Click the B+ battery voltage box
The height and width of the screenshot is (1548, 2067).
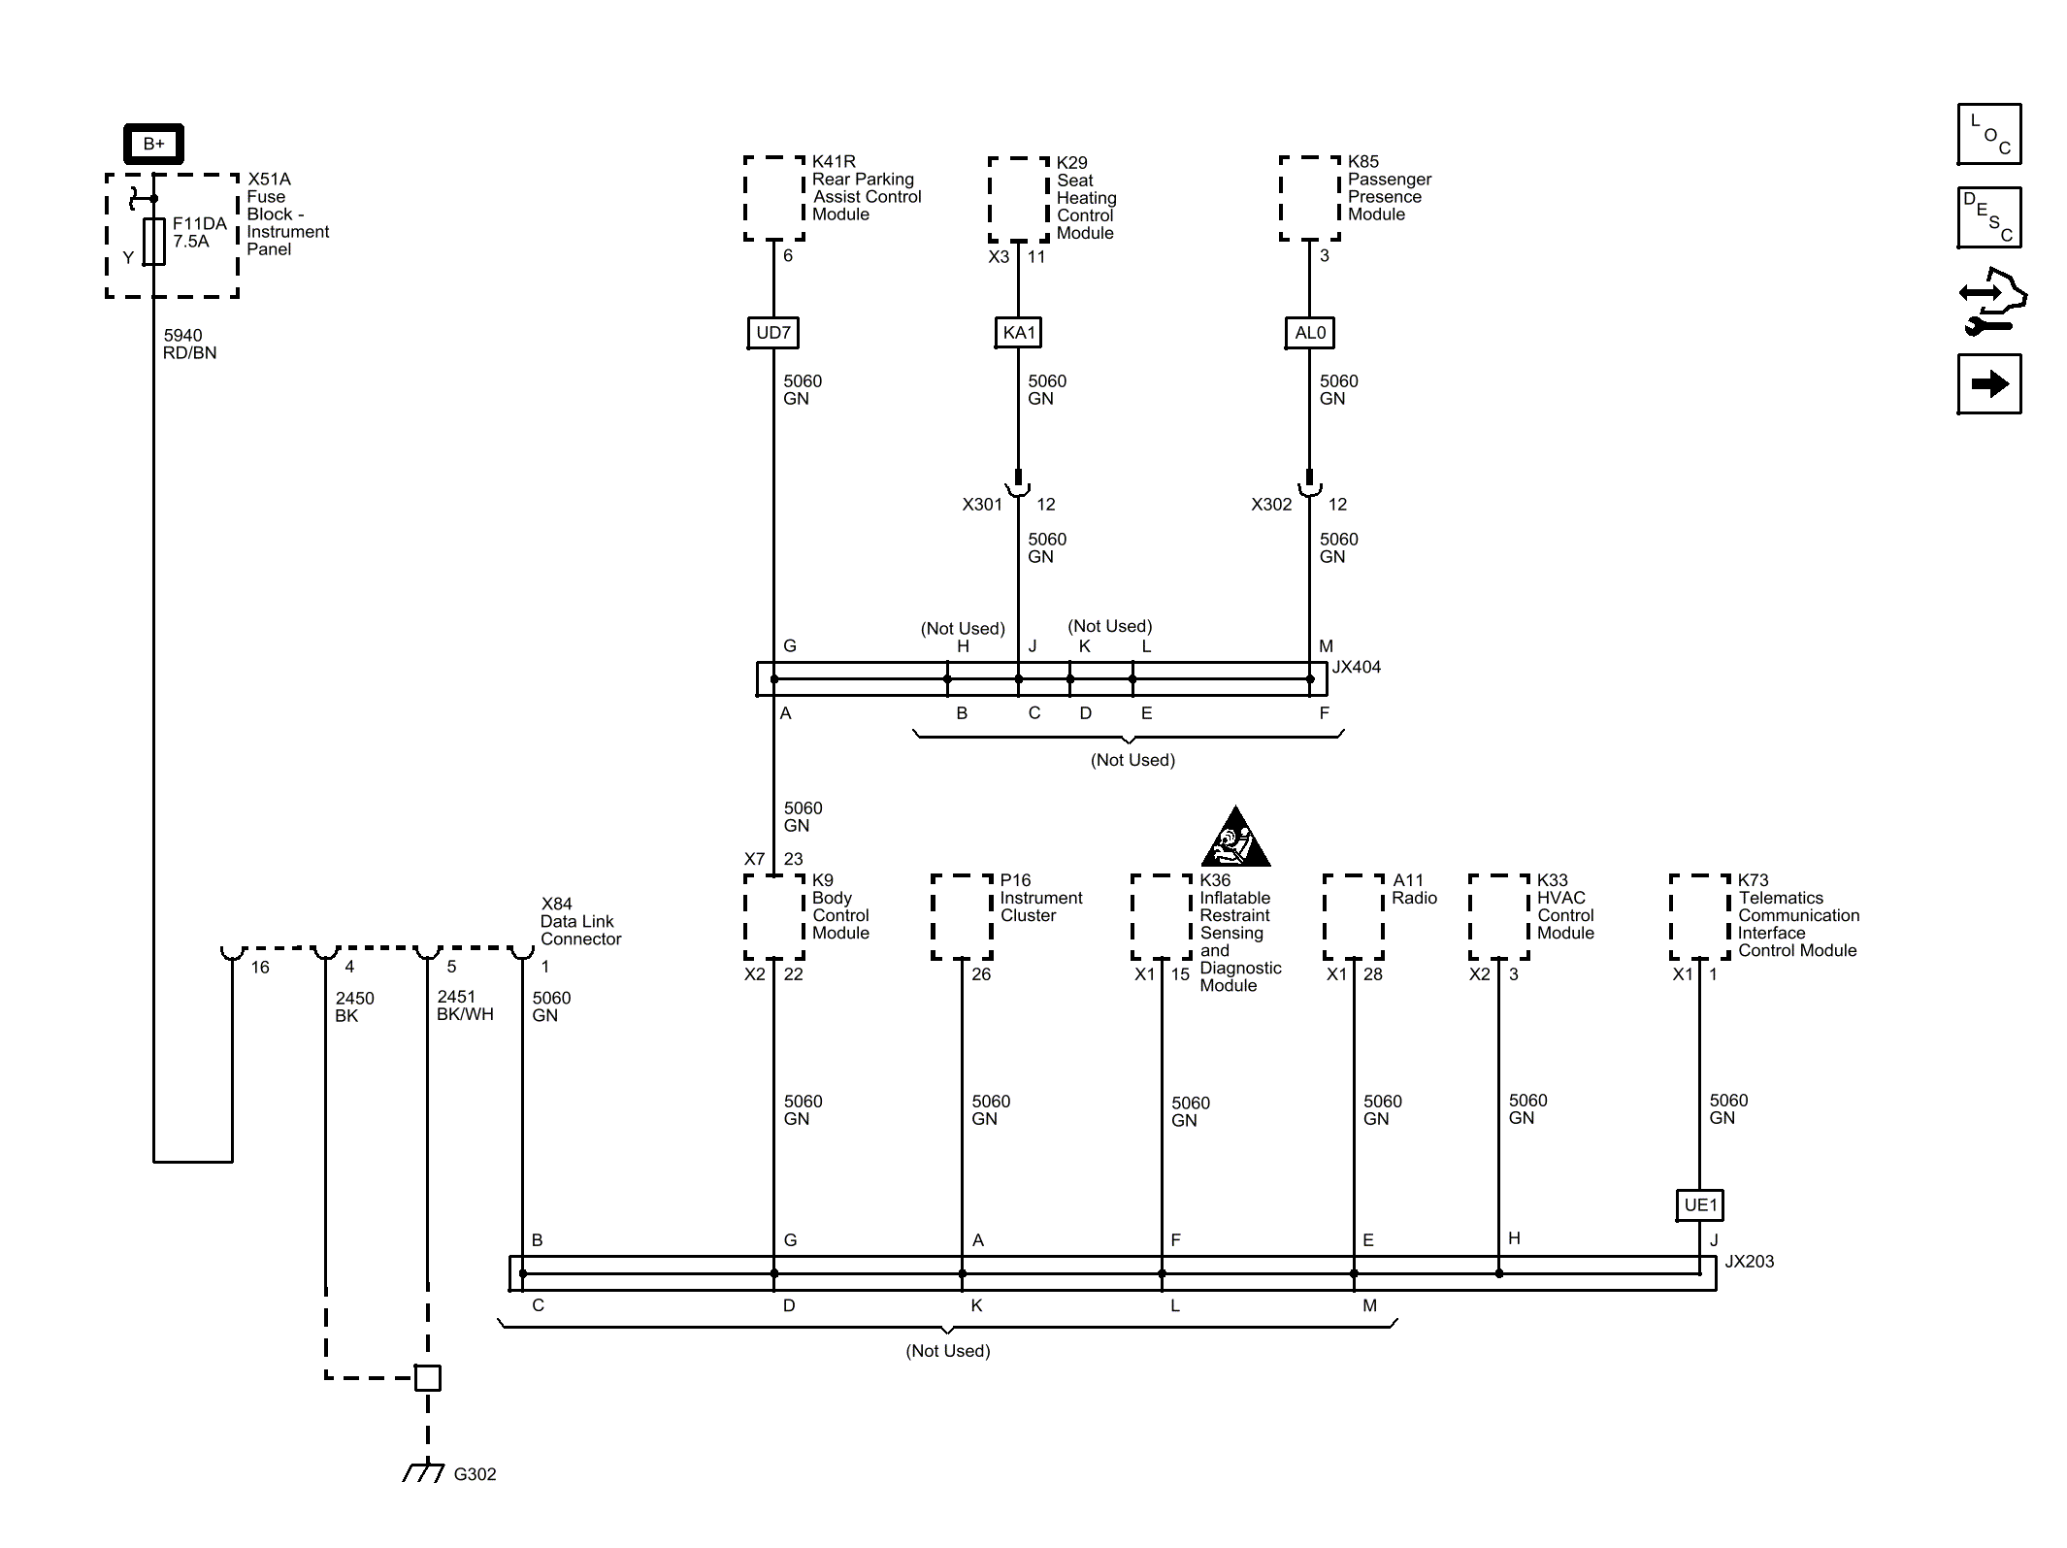point(153,144)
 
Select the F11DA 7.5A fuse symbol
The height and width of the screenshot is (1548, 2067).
point(153,242)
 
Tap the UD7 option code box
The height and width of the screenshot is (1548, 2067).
point(773,333)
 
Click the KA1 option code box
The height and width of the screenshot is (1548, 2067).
point(1019,333)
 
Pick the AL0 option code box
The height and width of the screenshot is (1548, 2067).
point(1310,333)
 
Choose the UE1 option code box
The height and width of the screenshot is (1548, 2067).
point(1700,1205)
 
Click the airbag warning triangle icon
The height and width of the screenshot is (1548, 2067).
point(1235,837)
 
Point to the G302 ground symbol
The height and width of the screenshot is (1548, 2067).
point(424,1472)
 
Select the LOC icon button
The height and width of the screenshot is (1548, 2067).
point(1989,134)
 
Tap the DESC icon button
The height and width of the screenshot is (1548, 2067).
point(1989,217)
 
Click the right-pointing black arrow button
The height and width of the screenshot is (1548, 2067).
point(1989,384)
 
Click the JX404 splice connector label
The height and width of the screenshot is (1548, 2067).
point(1356,668)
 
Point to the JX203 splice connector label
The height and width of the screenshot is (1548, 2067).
point(1749,1262)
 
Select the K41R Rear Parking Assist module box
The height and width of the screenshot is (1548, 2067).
point(774,198)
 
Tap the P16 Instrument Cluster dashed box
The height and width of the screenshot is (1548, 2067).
point(962,917)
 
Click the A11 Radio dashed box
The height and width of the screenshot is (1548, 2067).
point(1354,917)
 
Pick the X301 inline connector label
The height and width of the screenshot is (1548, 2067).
point(982,505)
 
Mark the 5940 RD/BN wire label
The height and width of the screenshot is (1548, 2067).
point(190,345)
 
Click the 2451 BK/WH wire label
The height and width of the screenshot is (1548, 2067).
point(465,1005)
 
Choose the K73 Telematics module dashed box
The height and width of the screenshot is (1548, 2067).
point(1700,917)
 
